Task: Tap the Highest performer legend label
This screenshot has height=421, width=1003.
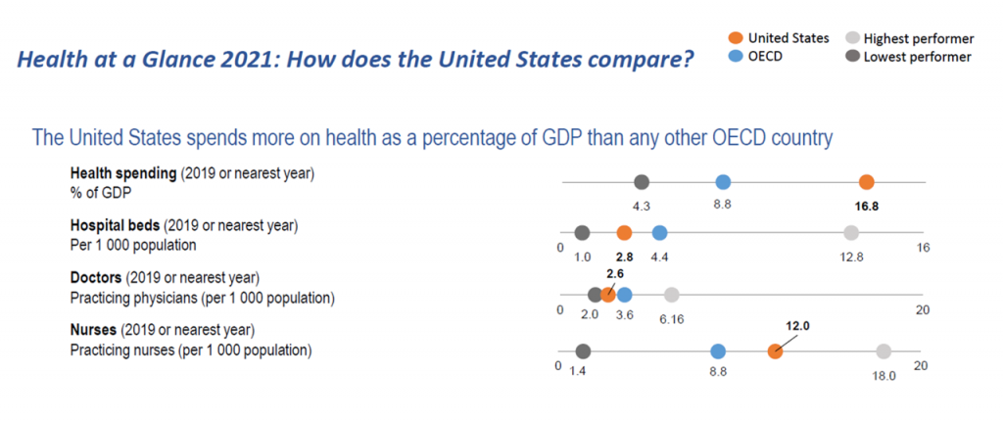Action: pyautogui.click(x=919, y=39)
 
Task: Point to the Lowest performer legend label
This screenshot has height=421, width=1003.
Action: pyautogui.click(x=917, y=57)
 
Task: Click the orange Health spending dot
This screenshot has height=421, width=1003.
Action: pyautogui.click(x=866, y=182)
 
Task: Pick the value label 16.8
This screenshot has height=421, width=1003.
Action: pyautogui.click(x=866, y=207)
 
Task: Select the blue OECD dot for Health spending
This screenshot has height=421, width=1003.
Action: pyautogui.click(x=723, y=182)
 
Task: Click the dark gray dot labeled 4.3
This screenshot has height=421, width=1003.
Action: pyautogui.click(x=642, y=182)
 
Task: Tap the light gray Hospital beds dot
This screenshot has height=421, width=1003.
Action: pyautogui.click(x=851, y=233)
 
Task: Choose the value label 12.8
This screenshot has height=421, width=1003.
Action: pyautogui.click(x=851, y=257)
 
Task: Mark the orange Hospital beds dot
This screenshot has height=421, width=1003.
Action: pyautogui.click(x=624, y=233)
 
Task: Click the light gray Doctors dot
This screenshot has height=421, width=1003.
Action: pyautogui.click(x=672, y=295)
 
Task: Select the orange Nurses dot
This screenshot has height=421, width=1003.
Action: pyautogui.click(x=775, y=351)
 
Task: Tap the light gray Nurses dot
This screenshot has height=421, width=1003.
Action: pyautogui.click(x=884, y=351)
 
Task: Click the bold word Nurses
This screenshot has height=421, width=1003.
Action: pyautogui.click(x=93, y=330)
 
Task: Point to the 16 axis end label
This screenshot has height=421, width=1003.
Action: pyautogui.click(x=923, y=248)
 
